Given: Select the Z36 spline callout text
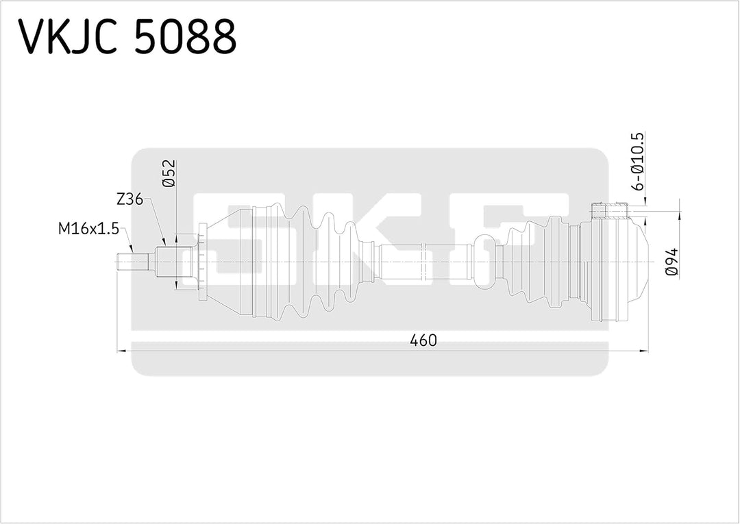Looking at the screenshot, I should [129, 200].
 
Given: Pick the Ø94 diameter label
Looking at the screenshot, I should [672, 262].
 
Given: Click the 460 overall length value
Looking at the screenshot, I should [423, 340].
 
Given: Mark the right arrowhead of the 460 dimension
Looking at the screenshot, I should [645, 351].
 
